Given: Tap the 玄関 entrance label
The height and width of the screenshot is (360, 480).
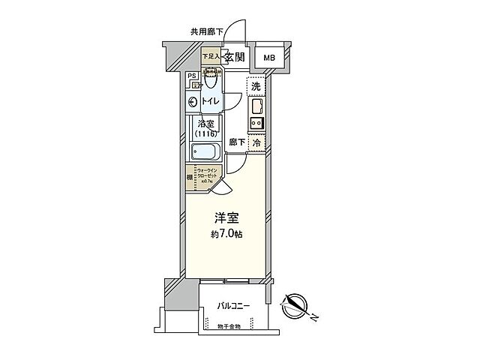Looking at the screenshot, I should click(x=234, y=57).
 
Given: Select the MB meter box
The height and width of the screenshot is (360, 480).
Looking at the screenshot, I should click(x=268, y=58).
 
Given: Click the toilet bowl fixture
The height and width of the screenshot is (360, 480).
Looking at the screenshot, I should click(x=212, y=79).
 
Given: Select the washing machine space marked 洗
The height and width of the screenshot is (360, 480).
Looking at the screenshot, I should click(x=256, y=87).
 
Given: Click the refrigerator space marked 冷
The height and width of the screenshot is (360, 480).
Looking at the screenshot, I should click(x=256, y=142).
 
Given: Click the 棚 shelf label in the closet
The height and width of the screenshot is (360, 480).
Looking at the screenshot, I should click(x=190, y=178).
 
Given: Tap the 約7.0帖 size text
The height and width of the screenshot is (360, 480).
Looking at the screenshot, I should click(x=226, y=235).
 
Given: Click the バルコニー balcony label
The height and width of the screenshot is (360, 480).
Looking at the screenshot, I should click(x=234, y=306).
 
